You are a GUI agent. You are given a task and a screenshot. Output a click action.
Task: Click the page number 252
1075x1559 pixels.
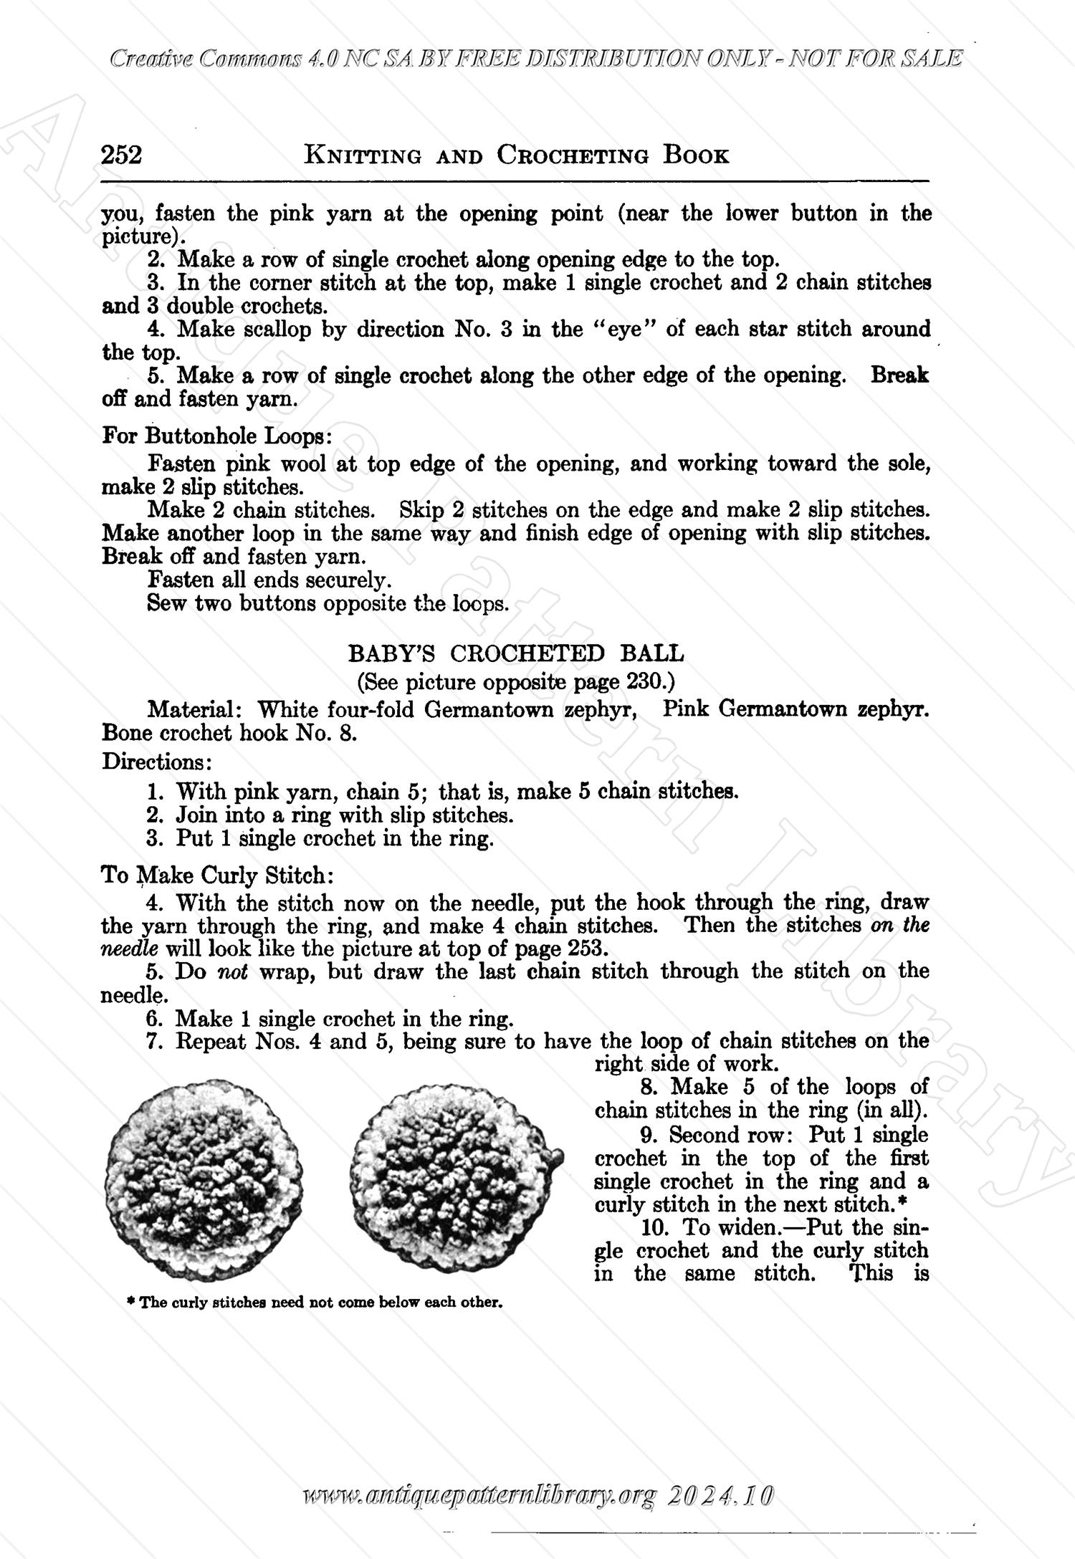click(122, 155)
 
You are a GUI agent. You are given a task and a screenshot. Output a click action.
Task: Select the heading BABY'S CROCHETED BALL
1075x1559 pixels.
click(516, 653)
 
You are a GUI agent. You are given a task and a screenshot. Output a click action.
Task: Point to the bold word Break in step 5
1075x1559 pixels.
click(899, 375)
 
